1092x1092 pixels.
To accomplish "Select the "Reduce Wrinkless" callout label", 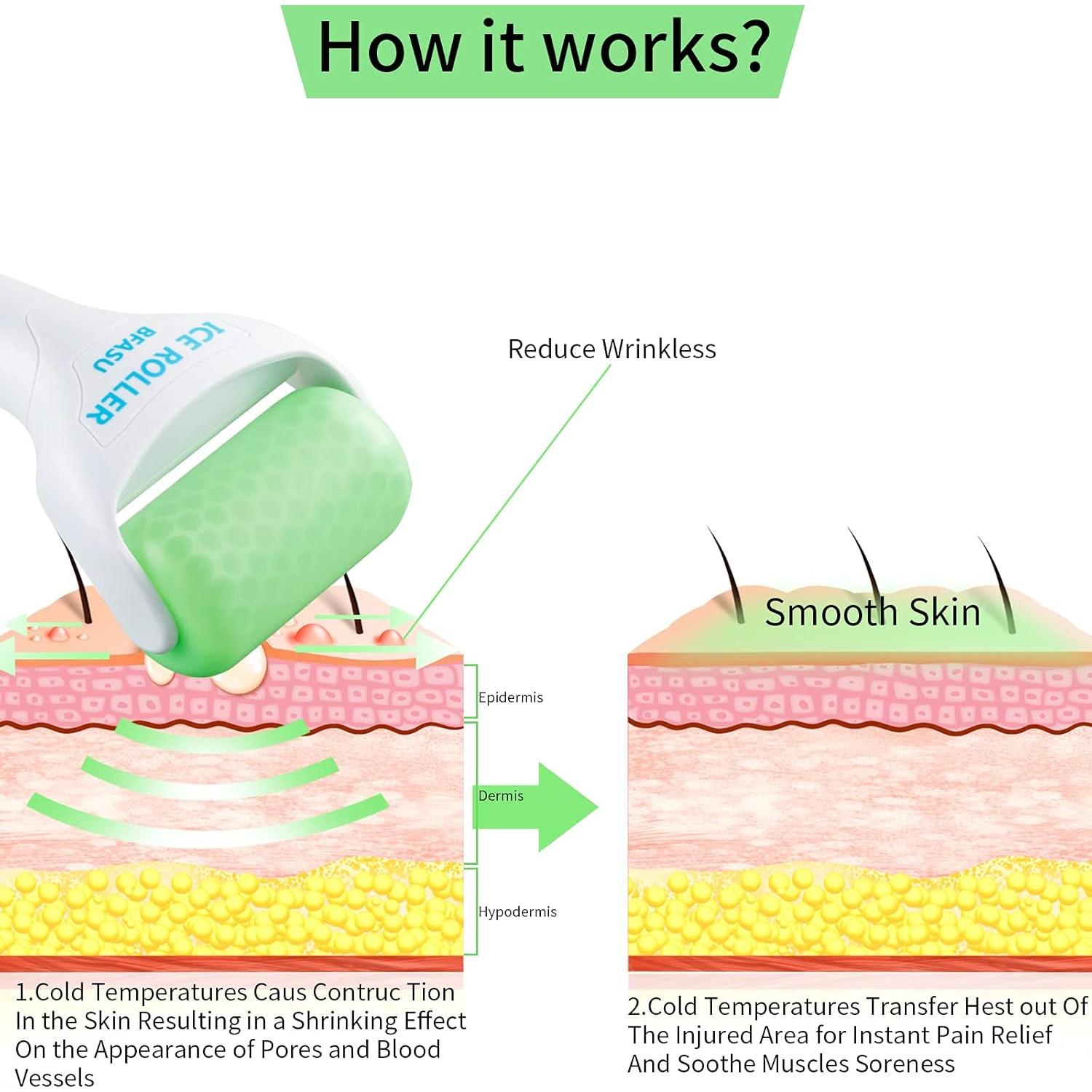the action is coord(612,349).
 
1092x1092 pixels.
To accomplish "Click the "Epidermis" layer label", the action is coord(510,697).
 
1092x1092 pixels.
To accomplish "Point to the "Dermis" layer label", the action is coord(501,796).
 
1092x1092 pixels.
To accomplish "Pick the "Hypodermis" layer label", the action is coord(517,911).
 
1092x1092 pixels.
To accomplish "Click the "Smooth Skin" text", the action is coord(872,612).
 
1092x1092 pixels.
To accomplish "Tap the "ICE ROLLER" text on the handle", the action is coord(157,371).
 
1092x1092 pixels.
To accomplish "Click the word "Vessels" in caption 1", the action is coord(55,1077).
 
